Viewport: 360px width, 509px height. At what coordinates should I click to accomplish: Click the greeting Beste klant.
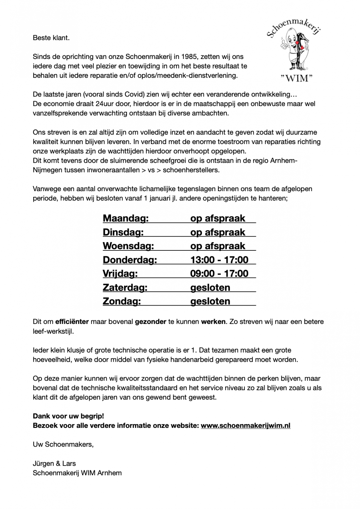point(51,38)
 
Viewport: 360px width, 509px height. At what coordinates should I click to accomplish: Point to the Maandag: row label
point(126,218)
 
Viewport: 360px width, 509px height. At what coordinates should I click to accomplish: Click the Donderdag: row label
point(130,260)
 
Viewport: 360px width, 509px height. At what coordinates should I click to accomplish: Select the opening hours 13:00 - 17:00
point(219,260)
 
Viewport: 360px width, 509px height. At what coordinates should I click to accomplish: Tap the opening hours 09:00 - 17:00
point(219,274)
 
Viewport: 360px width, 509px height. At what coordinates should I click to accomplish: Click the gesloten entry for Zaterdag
point(210,288)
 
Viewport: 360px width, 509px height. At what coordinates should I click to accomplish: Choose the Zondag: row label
point(121,301)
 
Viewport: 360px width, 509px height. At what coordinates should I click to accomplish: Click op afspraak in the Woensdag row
point(218,246)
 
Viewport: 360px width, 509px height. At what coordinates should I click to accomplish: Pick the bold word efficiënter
point(72,322)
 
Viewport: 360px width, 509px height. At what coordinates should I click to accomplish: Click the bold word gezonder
point(150,322)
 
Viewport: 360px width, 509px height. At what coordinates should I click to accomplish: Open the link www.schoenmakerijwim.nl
point(245,426)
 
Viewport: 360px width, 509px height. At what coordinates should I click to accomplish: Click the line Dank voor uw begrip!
point(68,416)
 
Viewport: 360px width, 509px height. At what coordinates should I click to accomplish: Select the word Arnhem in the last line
point(110,473)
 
